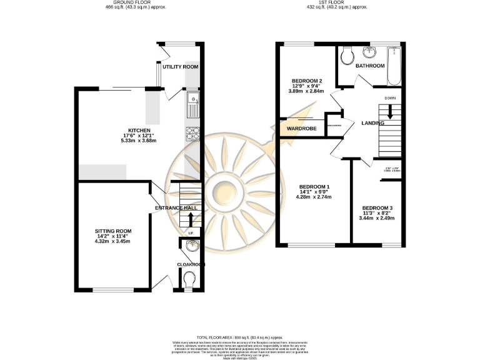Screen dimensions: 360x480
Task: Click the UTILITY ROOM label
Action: tap(181, 66)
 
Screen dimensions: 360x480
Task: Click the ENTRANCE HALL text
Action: tap(176, 208)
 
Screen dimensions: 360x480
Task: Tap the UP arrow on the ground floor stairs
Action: tap(191, 219)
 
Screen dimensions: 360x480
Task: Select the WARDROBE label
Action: tap(302, 129)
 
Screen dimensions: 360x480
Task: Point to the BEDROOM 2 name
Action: tap(307, 81)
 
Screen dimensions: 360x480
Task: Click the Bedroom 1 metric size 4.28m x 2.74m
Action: tap(314, 197)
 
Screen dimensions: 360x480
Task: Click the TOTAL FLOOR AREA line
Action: tap(240, 337)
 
